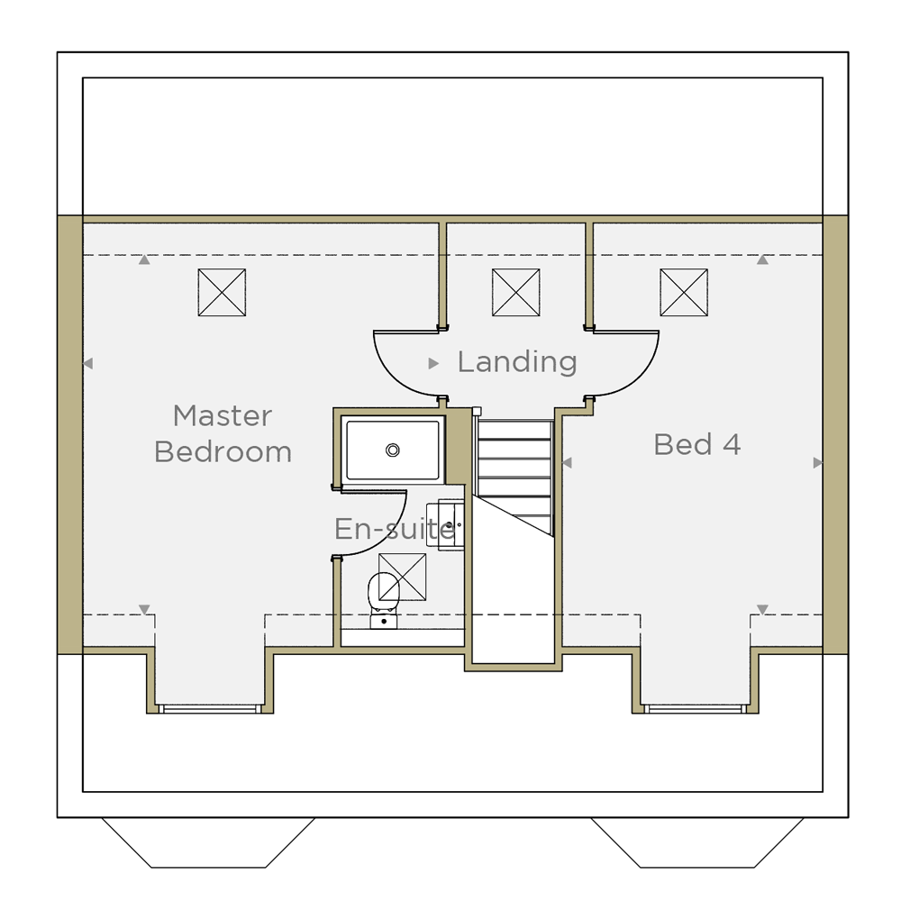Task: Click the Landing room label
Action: (517, 362)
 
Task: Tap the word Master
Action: (223, 415)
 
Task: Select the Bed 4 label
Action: (697, 444)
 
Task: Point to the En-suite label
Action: (395, 529)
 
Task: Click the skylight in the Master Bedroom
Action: (222, 293)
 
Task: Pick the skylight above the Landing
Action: (516, 293)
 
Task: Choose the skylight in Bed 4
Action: (684, 293)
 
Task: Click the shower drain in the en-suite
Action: (393, 450)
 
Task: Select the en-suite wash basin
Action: (445, 525)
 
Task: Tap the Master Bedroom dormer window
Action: (210, 708)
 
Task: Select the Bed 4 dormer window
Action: (696, 708)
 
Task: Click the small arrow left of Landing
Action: (434, 363)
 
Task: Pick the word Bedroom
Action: (223, 451)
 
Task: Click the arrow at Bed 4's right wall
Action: (818, 462)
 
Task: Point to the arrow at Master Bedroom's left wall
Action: (88, 363)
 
